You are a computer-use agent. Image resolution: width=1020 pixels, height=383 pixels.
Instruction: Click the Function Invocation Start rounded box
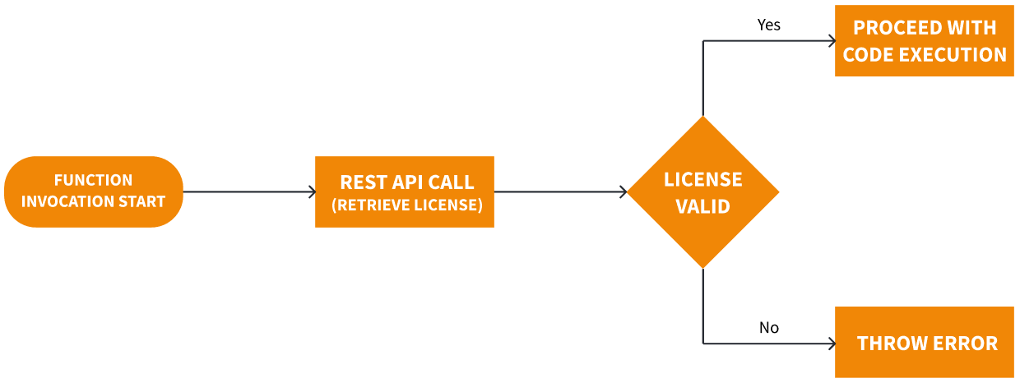[x=93, y=191]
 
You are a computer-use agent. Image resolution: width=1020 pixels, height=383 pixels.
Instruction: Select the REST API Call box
[x=405, y=191]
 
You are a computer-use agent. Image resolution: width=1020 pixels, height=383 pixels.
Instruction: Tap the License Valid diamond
[x=703, y=191]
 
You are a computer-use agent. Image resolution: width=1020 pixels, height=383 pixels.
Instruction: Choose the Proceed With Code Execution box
[x=924, y=41]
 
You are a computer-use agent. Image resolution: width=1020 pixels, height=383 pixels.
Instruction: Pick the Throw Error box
[x=924, y=342]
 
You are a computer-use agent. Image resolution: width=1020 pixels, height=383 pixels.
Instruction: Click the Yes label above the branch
[x=769, y=25]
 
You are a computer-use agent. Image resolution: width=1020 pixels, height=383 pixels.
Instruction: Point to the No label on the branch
[x=769, y=328]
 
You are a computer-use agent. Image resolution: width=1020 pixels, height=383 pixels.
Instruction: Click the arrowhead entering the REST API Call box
[x=312, y=192]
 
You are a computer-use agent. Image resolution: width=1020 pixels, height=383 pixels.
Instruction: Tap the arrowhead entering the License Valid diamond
[x=624, y=192]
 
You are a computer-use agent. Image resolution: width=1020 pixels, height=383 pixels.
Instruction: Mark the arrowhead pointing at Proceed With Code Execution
[x=831, y=40]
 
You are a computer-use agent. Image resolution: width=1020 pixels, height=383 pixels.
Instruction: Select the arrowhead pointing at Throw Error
[x=831, y=343]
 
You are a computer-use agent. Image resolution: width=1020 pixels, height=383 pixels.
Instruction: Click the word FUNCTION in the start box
[x=93, y=180]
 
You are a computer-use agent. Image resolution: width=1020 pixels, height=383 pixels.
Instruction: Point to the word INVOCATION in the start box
[x=60, y=201]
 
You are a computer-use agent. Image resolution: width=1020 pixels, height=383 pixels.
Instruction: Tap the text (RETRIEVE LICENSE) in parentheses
[x=407, y=205]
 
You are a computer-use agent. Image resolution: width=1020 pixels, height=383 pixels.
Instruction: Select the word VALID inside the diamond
[x=703, y=206]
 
